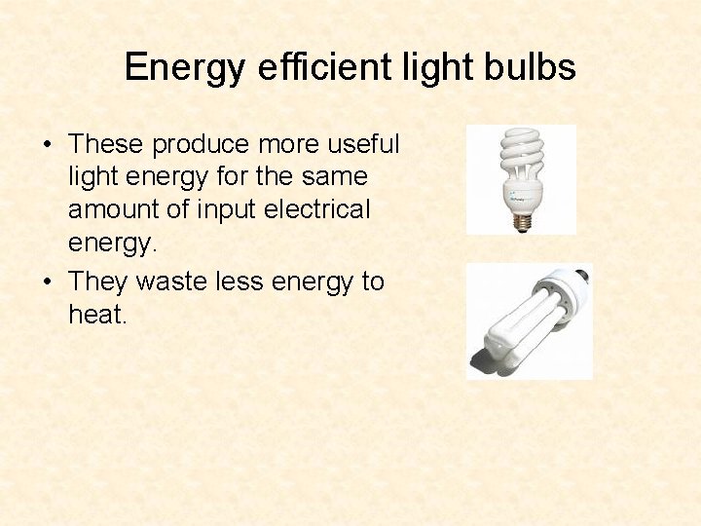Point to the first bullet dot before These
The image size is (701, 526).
pos(47,145)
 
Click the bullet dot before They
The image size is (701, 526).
pos(47,282)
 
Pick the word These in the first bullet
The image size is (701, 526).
pos(107,144)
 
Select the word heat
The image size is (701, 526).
pos(96,315)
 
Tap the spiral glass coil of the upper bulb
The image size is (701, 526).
pos(522,157)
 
